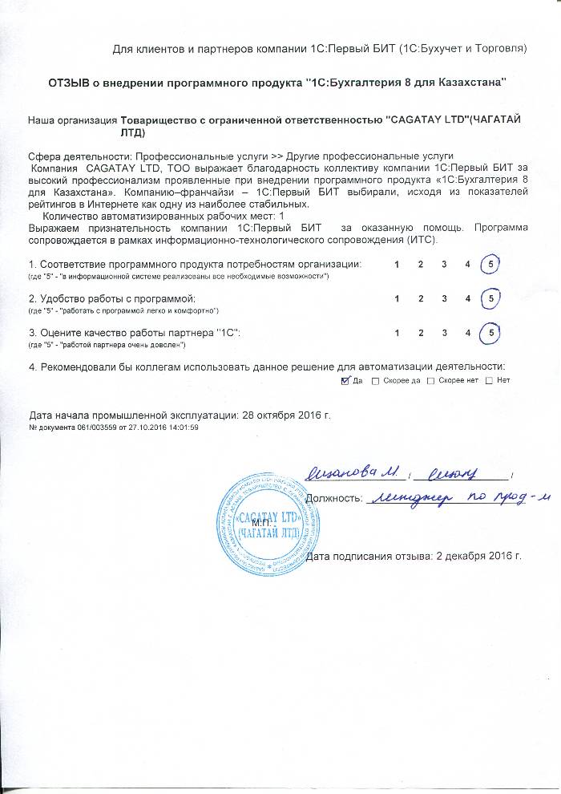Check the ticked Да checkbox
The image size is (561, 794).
pyautogui.click(x=345, y=380)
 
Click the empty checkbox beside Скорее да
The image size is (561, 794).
pyautogui.click(x=376, y=380)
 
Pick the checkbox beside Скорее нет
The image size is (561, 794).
pyautogui.click(x=431, y=380)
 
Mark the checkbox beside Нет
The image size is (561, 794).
pyautogui.click(x=489, y=380)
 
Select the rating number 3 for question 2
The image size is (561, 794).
pyautogui.click(x=444, y=298)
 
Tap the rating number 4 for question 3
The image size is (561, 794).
pyautogui.click(x=467, y=332)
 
